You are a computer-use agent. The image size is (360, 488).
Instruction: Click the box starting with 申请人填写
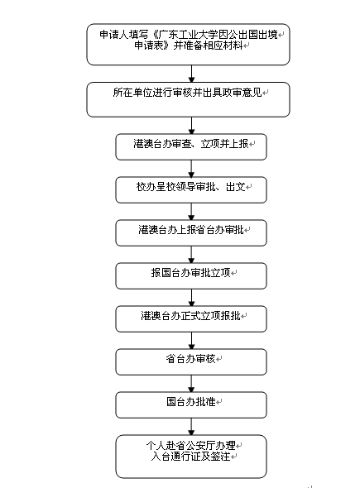(x=188, y=44)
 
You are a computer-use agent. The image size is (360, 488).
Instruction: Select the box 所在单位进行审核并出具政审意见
(x=188, y=99)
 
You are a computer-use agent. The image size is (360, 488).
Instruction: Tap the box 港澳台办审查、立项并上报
(x=191, y=147)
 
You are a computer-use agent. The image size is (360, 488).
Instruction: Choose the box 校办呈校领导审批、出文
(x=191, y=190)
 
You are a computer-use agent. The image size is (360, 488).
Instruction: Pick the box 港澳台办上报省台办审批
(x=191, y=232)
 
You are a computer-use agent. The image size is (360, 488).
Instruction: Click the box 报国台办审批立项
(x=191, y=275)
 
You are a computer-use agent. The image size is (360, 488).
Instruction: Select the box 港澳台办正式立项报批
(x=191, y=318)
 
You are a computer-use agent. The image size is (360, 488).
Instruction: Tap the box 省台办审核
(x=191, y=361)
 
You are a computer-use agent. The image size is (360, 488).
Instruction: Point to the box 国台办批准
(x=191, y=404)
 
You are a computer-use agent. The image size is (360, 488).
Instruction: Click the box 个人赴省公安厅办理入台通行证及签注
(x=191, y=457)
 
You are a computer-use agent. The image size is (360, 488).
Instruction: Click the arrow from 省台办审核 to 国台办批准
(x=191, y=384)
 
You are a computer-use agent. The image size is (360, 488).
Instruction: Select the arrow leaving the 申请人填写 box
(x=191, y=74)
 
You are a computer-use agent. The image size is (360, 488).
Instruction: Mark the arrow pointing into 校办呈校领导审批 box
(x=191, y=169)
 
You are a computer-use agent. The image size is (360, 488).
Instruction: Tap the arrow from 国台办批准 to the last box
(x=191, y=426)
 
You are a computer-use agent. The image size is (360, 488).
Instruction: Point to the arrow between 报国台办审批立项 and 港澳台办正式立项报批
(x=191, y=298)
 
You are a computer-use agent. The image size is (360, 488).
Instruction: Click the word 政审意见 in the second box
(x=242, y=93)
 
